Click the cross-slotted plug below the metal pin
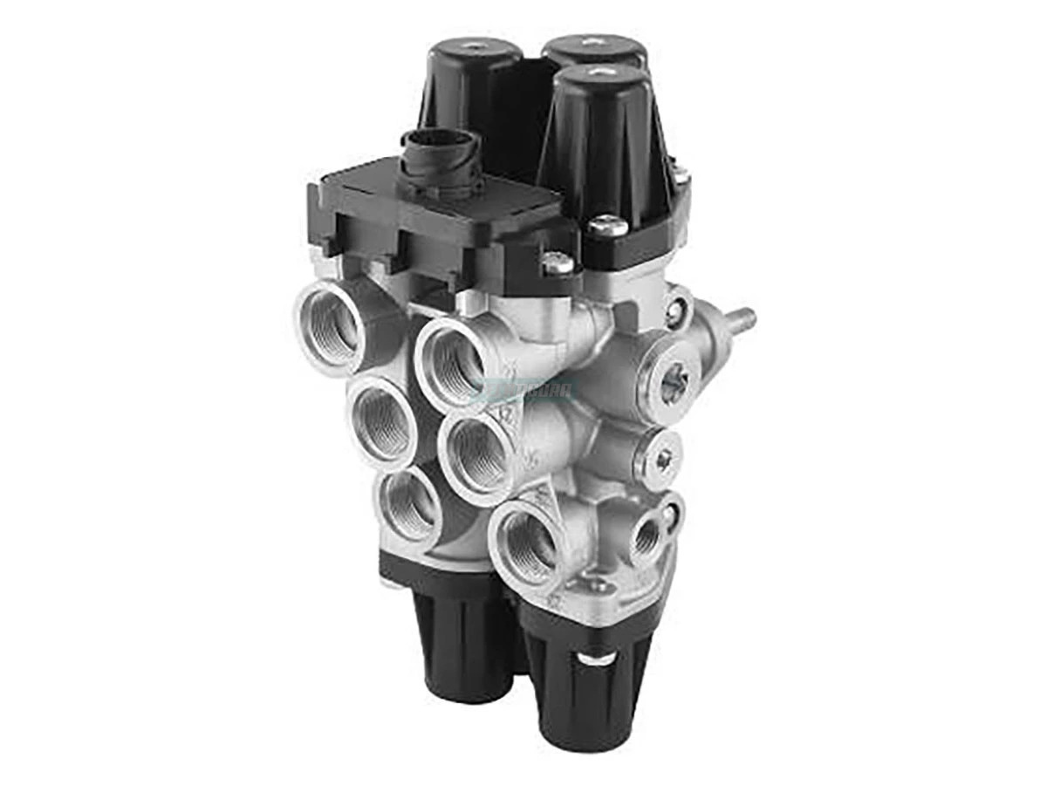click(671, 381)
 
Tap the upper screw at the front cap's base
click(607, 226)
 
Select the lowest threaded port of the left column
click(410, 505)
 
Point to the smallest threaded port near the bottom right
click(647, 536)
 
